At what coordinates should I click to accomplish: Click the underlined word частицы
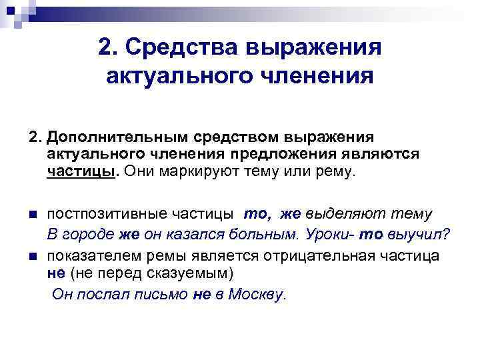[x=81, y=172]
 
